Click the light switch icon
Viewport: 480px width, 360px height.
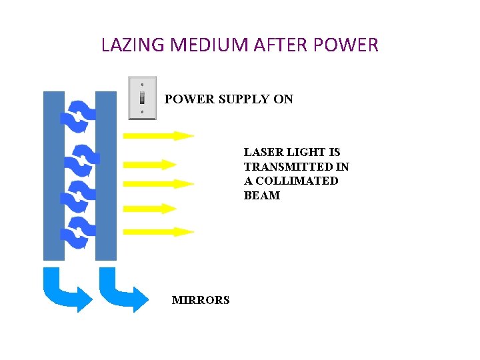coord(141,98)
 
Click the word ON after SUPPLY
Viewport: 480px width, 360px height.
coord(283,99)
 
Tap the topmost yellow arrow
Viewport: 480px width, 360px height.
coord(158,135)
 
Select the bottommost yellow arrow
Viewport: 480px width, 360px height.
coord(158,232)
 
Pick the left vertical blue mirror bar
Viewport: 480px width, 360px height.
coord(54,175)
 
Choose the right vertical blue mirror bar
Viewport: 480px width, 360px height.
coord(106,175)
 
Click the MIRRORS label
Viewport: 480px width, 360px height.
coord(201,300)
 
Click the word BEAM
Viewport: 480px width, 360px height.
coord(262,196)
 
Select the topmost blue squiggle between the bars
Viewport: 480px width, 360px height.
coord(79,116)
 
